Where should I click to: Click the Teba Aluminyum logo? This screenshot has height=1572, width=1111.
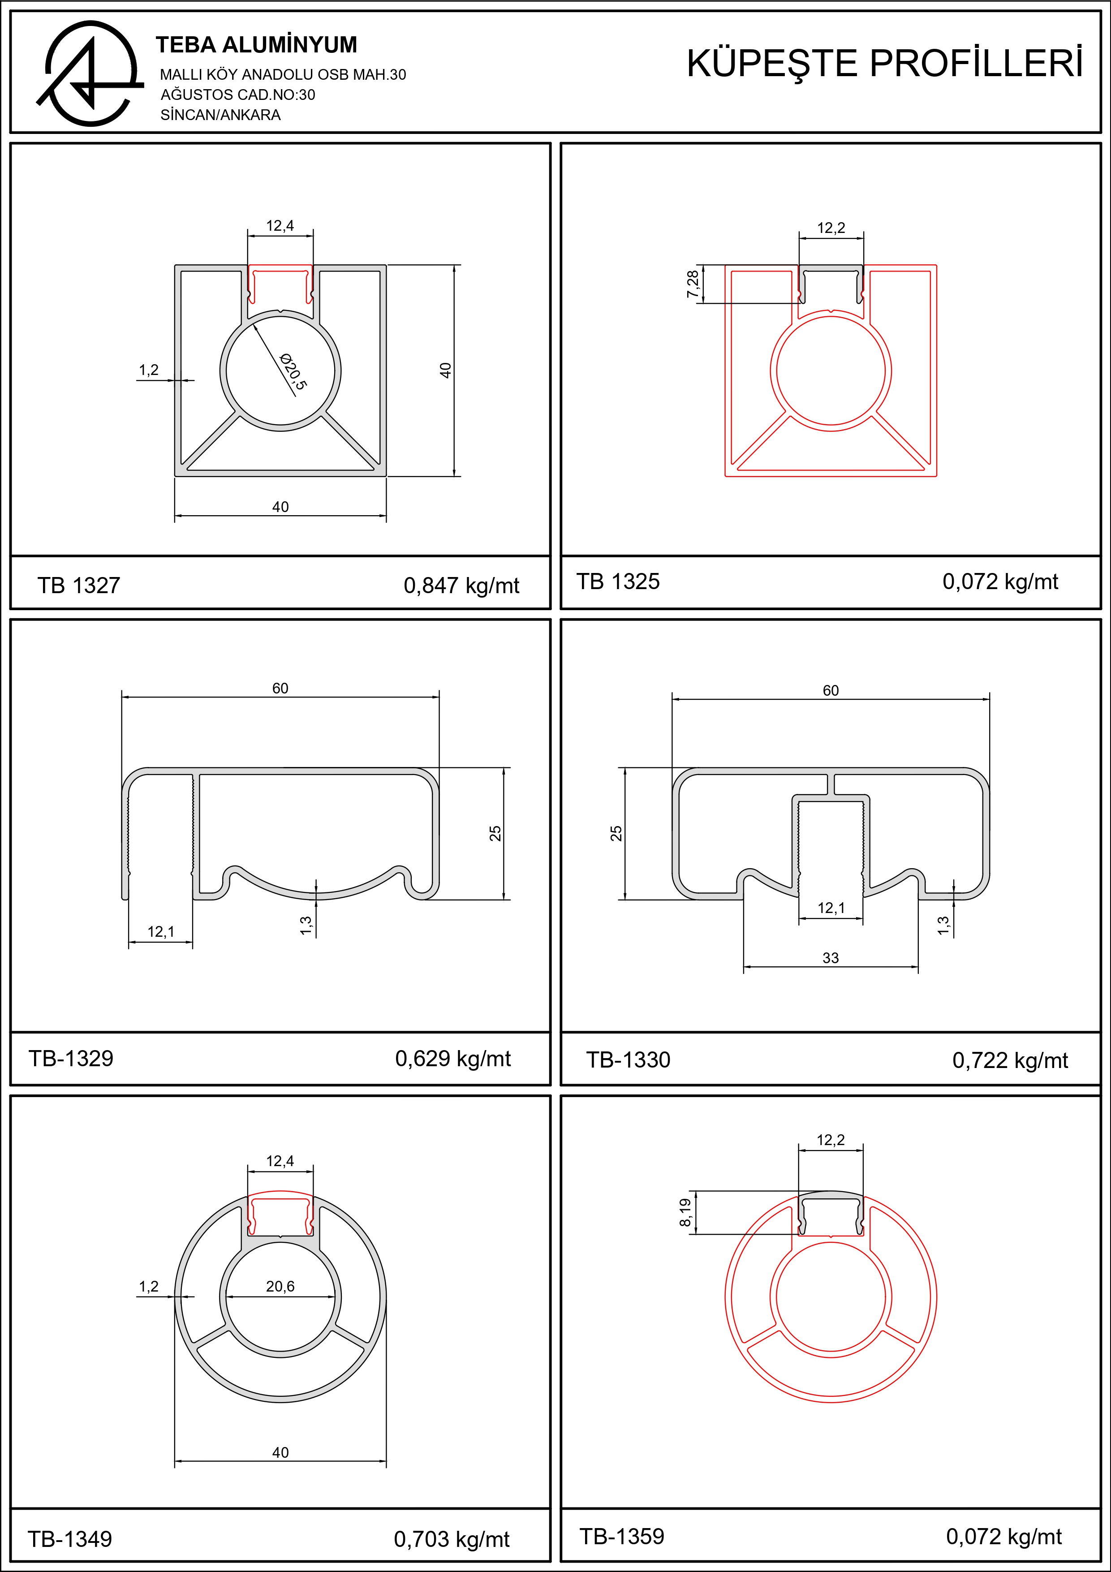coord(89,73)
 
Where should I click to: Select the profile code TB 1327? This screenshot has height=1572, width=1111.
coord(79,586)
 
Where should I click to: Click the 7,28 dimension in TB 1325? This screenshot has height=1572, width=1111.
coord(693,284)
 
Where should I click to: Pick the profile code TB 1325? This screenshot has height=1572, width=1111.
coord(618,582)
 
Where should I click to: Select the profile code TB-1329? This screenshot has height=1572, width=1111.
coord(70,1059)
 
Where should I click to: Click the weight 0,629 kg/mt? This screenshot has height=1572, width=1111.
coord(452,1059)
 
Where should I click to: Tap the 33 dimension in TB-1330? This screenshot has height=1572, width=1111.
coord(831,958)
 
